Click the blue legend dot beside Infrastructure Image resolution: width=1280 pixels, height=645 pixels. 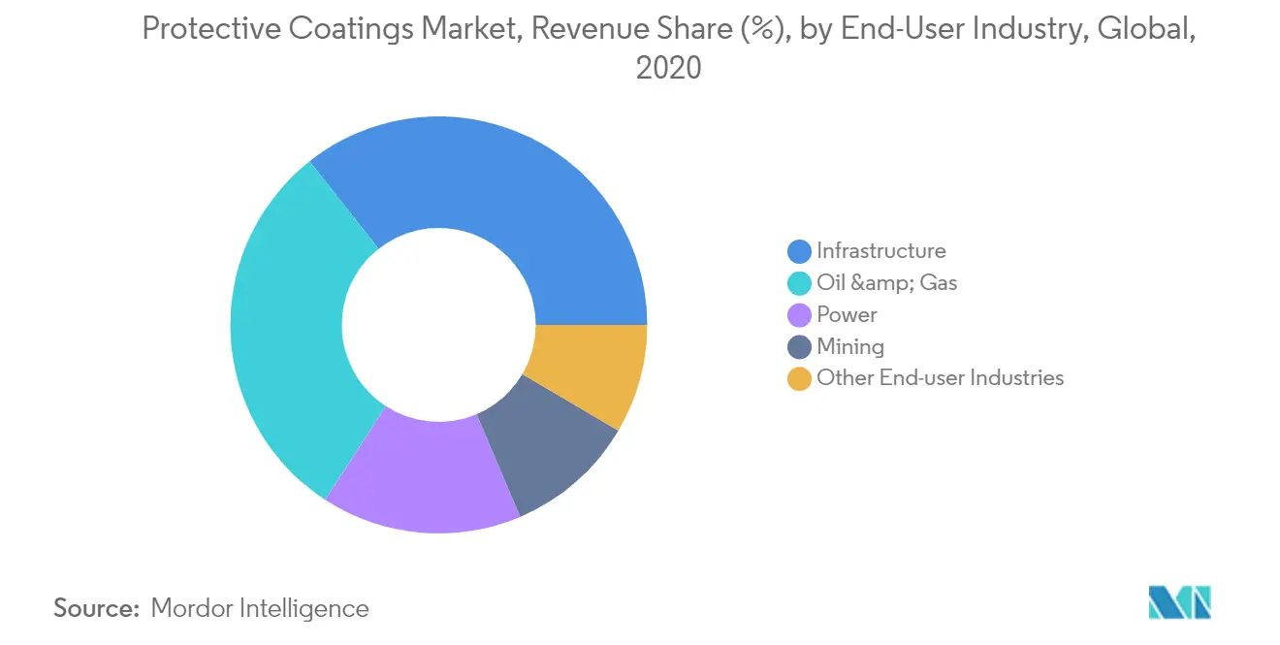tap(799, 251)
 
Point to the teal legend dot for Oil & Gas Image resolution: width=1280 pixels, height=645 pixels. tap(799, 283)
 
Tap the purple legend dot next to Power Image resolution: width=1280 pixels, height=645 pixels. tap(799, 315)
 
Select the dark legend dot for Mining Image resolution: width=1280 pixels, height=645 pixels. tap(799, 346)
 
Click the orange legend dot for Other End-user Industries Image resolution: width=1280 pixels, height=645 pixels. tap(799, 378)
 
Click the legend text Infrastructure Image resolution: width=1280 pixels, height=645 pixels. tap(881, 251)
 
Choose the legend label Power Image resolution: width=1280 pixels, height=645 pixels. tap(847, 315)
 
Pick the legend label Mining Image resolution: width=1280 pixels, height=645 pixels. tap(850, 347)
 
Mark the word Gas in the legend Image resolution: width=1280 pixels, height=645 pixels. tap(939, 282)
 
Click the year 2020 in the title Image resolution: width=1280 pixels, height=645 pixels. tap(668, 68)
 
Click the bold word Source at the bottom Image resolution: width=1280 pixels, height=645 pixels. tap(97, 608)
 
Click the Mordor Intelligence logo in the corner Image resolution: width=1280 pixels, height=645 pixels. tap(1179, 602)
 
